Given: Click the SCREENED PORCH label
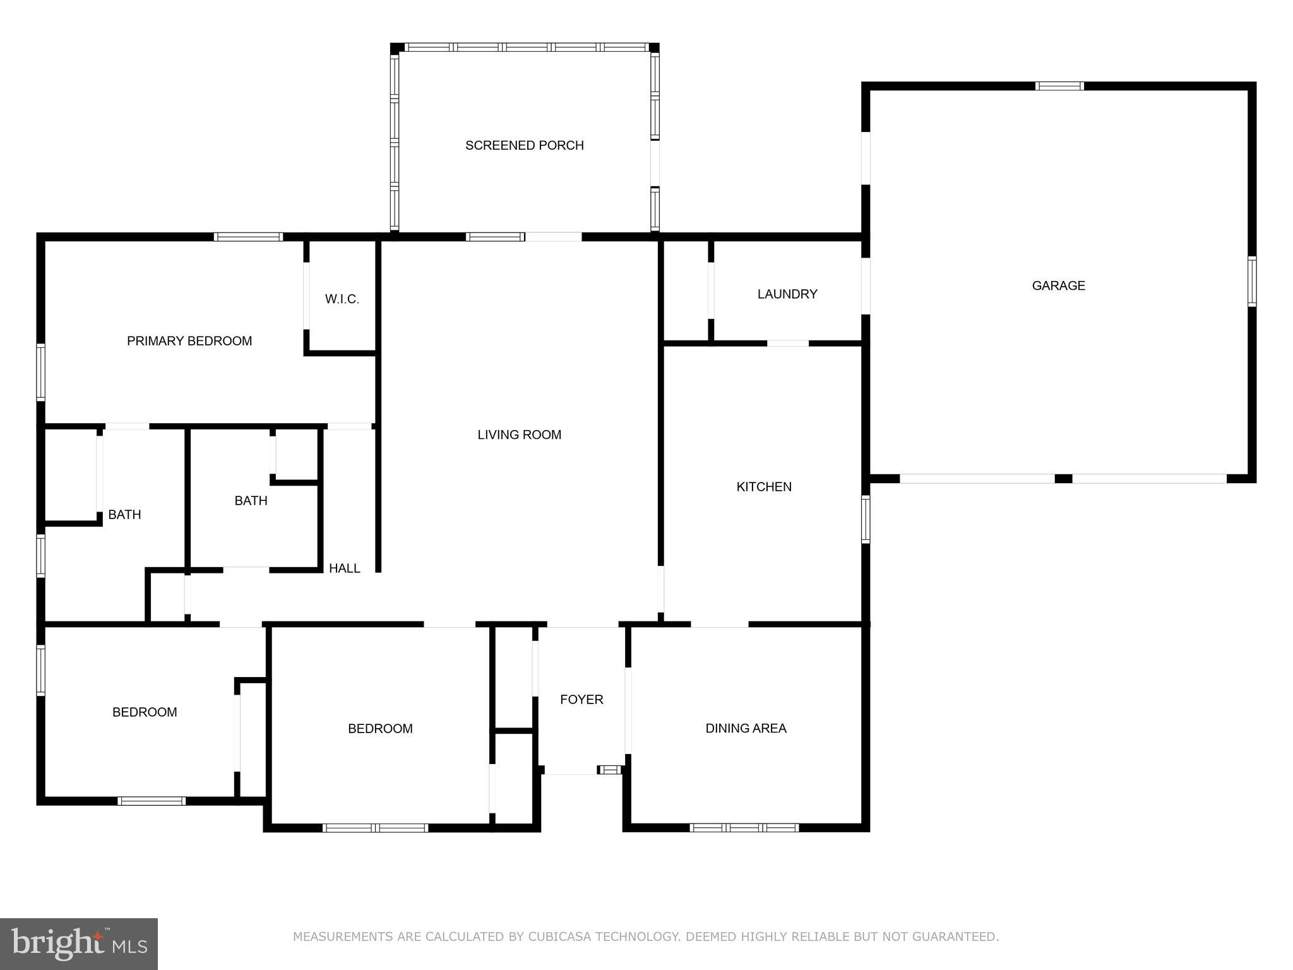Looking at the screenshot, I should point(524,145).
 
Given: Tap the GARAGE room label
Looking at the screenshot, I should point(1058,285).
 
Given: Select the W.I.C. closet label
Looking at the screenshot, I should point(342,299).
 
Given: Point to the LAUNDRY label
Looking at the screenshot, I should point(787,294).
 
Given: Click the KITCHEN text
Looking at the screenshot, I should point(763,487).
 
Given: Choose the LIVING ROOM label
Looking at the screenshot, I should point(519,434).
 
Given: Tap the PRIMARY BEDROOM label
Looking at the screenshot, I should point(189,341).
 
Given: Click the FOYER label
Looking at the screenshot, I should point(581,699).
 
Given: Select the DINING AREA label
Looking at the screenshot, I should point(745,728).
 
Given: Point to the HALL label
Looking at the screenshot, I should point(344,568).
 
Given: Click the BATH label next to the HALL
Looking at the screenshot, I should point(251,501).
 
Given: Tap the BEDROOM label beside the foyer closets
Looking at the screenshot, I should point(380,728).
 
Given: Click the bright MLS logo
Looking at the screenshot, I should point(79,943).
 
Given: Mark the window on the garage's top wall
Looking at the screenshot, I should point(1059,87).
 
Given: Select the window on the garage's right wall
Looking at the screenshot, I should point(1251,282).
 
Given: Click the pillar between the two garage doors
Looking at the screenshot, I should point(1063,479).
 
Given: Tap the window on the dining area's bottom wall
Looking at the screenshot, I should point(744,827).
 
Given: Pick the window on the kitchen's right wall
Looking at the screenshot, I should point(866,519).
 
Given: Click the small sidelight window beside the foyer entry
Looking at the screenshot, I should point(610,769).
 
